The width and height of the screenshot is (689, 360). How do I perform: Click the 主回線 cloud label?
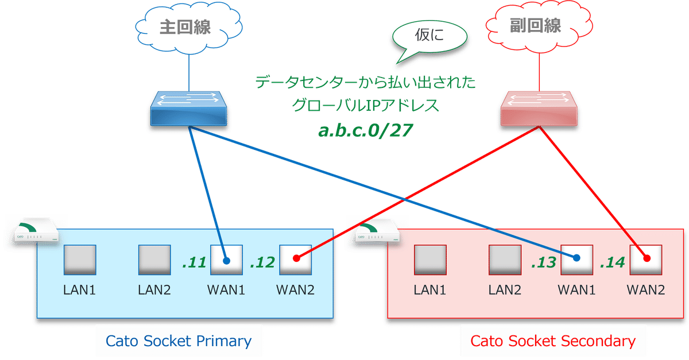[x=185, y=28]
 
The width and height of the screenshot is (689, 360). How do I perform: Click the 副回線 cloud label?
[x=535, y=26]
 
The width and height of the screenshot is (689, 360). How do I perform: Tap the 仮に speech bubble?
[x=429, y=37]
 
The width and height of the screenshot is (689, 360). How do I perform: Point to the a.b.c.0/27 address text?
[x=366, y=131]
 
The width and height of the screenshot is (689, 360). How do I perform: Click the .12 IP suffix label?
[x=263, y=263]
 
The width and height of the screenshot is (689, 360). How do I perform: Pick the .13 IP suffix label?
[x=543, y=263]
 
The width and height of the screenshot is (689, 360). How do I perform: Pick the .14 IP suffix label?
[x=612, y=263]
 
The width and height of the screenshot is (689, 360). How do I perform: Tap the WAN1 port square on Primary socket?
[x=226, y=260]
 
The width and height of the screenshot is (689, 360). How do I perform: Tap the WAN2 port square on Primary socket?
[x=295, y=260]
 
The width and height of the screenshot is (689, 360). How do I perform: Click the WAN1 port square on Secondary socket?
[x=576, y=260]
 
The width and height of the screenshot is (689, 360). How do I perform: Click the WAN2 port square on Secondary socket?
[x=645, y=260]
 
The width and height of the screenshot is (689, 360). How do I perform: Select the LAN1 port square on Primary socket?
[x=79, y=260]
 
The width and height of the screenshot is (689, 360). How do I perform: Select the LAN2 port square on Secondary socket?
[x=505, y=260]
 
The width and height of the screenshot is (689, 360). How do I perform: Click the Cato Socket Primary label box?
[x=179, y=341]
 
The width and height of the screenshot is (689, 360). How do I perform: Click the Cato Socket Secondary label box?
[x=553, y=341]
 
